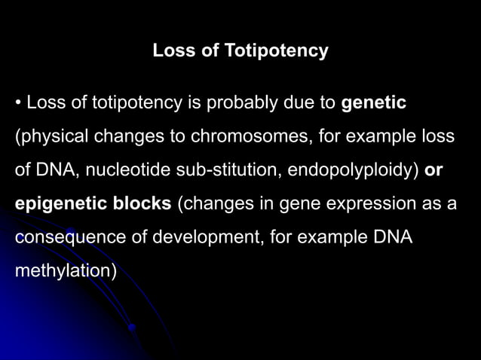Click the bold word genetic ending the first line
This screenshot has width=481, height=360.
(x=374, y=103)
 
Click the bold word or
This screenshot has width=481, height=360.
(x=434, y=170)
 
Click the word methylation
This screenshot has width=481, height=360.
(x=64, y=270)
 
